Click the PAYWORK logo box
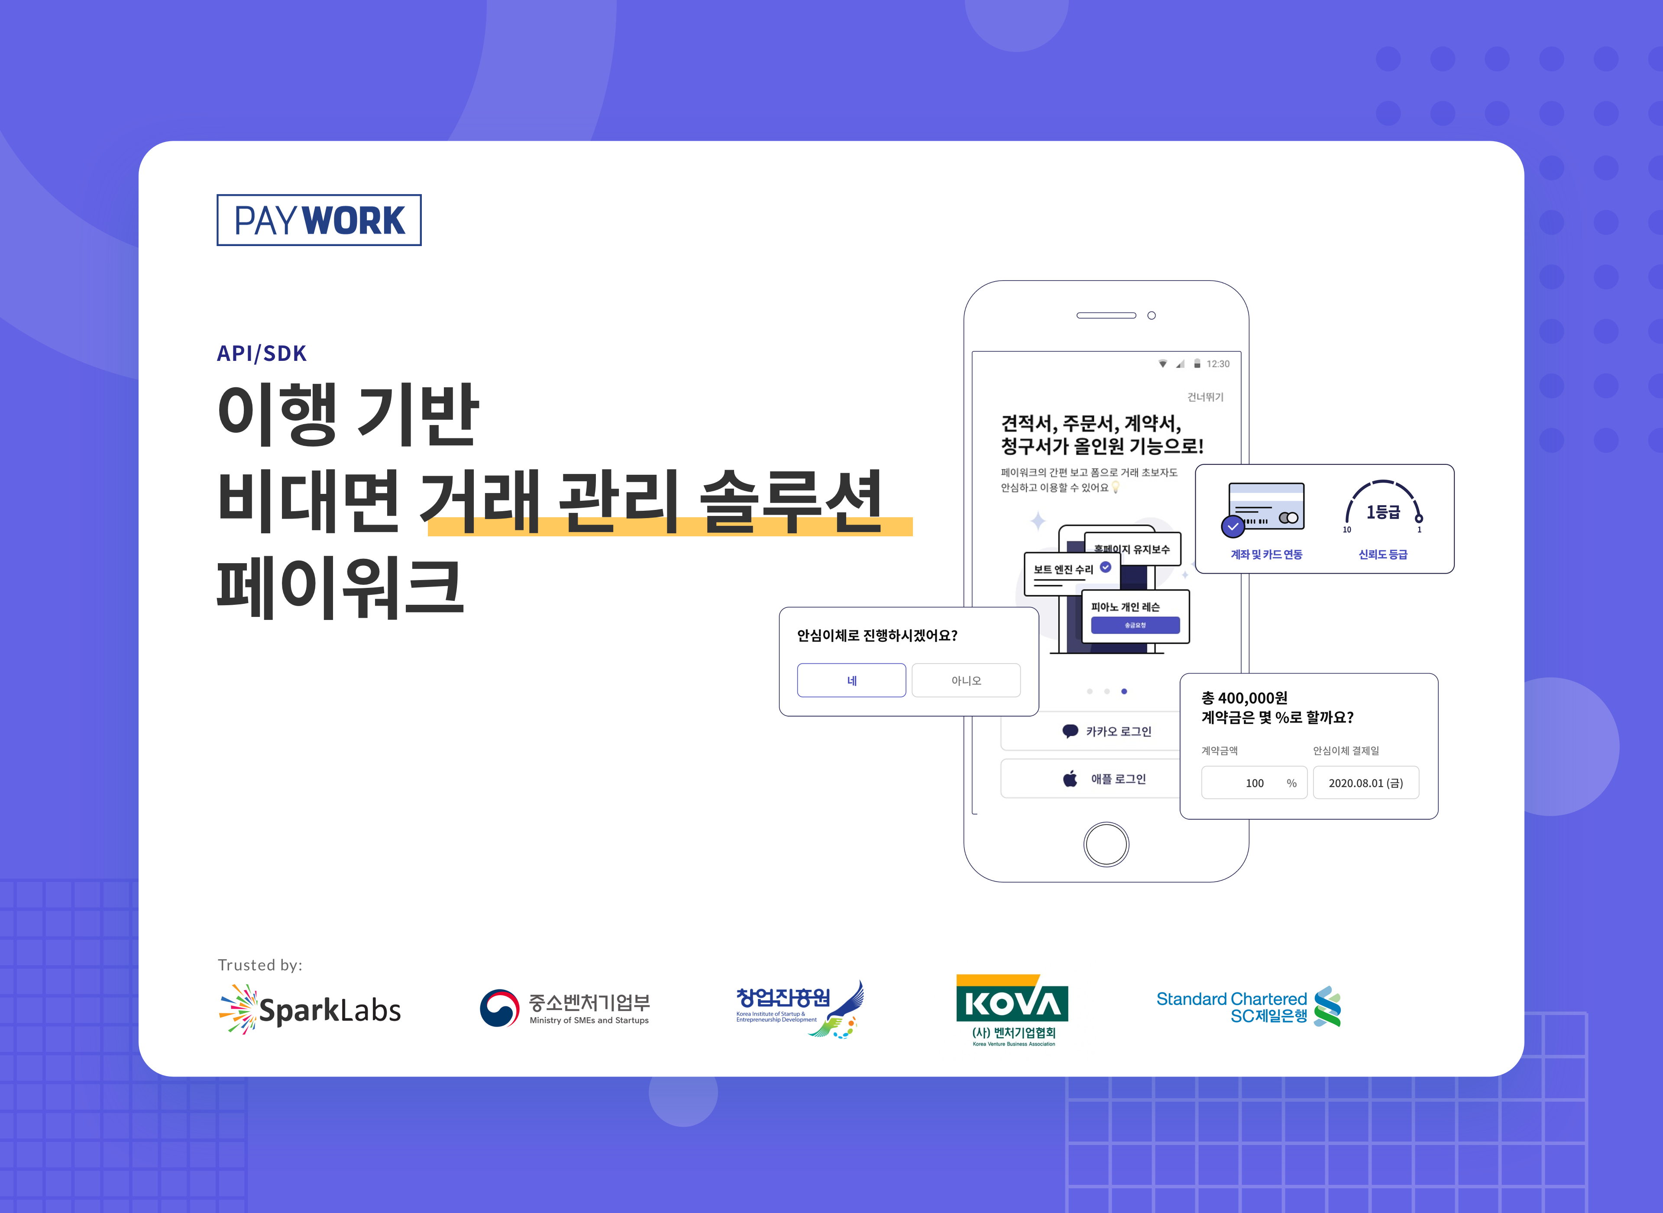318,220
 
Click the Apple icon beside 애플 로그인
1071,779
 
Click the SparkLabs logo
311,1010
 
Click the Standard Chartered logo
1249,1007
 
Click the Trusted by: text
260,965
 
